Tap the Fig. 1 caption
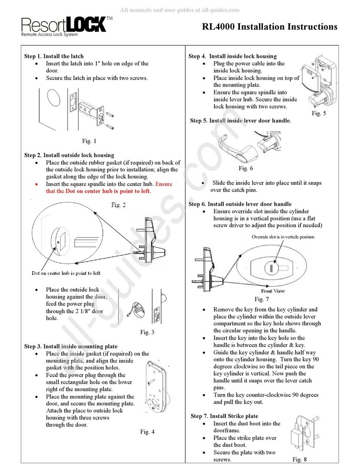click(89, 141)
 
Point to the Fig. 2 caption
click(118, 205)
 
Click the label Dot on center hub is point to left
click(66, 273)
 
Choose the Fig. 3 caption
click(147, 332)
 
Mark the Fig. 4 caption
click(147, 431)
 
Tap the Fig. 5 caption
click(319, 113)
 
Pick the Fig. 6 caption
click(245, 168)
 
